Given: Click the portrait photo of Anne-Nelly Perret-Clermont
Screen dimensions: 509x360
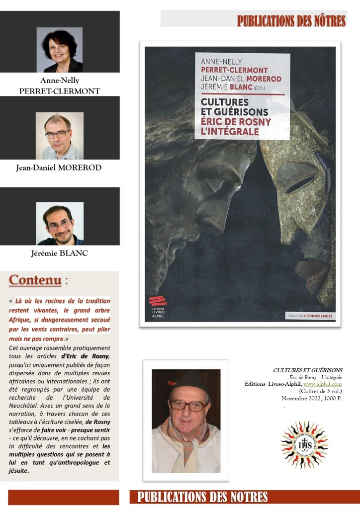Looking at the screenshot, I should [60, 50].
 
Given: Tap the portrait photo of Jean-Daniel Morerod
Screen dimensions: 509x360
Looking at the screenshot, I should [60, 135].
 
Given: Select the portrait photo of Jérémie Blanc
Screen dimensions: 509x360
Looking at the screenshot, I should [60, 223].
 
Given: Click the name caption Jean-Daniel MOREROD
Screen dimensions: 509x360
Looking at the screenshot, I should [59, 168].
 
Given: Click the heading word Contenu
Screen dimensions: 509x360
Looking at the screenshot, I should [35, 280].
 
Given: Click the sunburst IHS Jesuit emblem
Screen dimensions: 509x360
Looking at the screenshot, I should [304, 444].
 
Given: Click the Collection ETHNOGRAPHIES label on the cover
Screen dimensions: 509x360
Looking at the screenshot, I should [310, 316].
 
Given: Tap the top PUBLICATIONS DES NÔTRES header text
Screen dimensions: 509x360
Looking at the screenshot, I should [291, 21].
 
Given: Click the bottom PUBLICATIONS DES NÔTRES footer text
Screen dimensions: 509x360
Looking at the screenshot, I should [202, 497].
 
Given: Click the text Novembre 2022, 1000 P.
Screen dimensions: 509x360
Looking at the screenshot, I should [312, 398].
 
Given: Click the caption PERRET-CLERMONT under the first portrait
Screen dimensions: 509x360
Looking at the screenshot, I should [60, 91].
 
